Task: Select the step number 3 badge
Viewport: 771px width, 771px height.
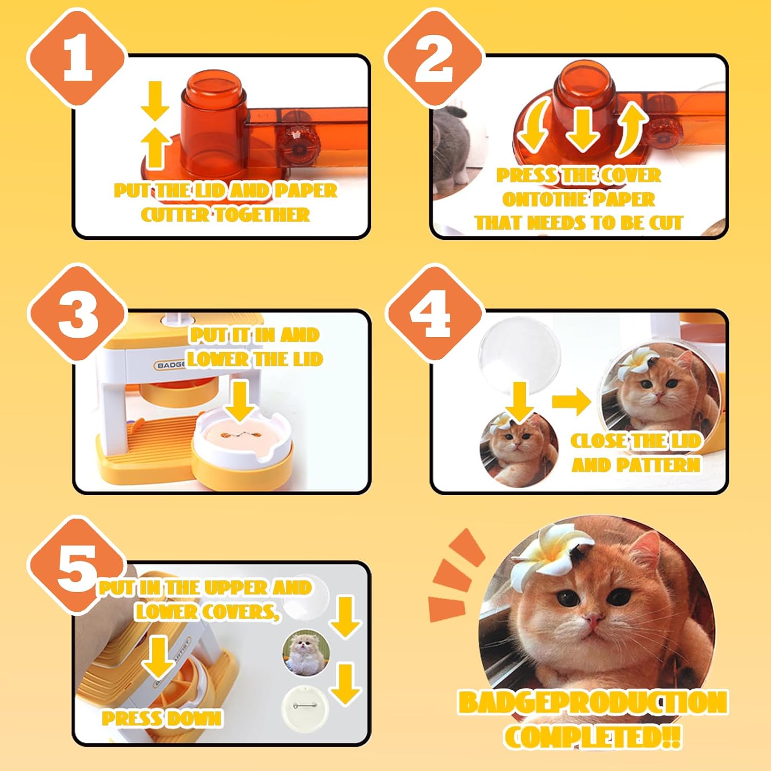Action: (x=77, y=313)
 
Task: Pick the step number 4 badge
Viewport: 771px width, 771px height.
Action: (x=434, y=313)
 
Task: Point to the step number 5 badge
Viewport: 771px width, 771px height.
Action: (x=77, y=565)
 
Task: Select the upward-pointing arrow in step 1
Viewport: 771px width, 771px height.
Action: (x=155, y=148)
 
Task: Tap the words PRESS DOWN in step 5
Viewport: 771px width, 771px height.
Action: (x=162, y=718)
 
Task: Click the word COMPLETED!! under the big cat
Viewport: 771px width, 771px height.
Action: (x=593, y=736)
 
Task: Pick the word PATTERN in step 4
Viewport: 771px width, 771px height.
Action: (x=658, y=465)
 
